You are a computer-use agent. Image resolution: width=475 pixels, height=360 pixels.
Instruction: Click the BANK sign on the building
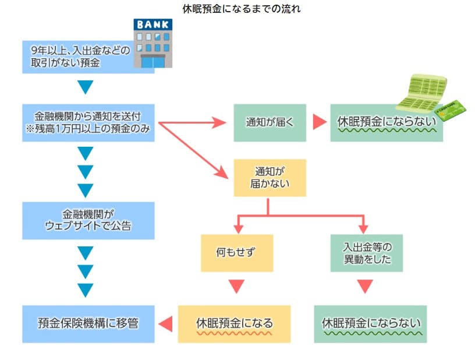click(x=153, y=25)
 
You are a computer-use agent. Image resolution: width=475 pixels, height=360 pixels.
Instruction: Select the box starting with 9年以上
click(x=81, y=57)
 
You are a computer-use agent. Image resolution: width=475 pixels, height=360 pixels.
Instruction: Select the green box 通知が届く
click(x=270, y=122)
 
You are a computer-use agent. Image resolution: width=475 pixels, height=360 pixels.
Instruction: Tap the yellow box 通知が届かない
click(x=270, y=178)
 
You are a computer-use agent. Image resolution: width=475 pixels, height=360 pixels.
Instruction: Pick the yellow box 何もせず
click(x=237, y=253)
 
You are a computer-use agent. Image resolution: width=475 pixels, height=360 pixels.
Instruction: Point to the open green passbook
click(x=419, y=92)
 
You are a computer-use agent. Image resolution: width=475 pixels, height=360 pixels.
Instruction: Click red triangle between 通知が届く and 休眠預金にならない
click(x=319, y=122)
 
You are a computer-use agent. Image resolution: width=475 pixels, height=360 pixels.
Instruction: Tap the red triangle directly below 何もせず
click(x=236, y=287)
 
